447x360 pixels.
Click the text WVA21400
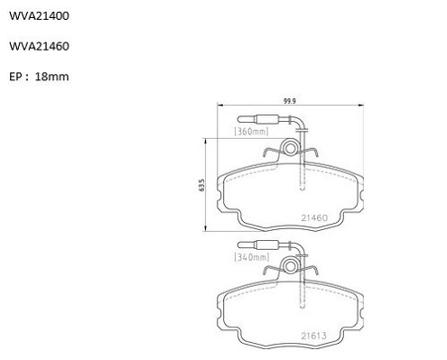click(x=39, y=16)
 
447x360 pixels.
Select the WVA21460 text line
click(x=39, y=46)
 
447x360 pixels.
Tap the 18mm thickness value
click(x=52, y=77)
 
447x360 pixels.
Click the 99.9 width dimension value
click(x=290, y=101)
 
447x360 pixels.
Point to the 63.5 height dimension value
click(x=201, y=185)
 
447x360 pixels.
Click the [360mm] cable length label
click(x=251, y=132)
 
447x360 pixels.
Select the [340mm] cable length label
click(x=252, y=257)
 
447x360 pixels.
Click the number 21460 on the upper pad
click(x=314, y=217)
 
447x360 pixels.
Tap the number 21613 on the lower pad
click(x=314, y=336)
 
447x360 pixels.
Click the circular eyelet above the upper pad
click(x=290, y=148)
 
